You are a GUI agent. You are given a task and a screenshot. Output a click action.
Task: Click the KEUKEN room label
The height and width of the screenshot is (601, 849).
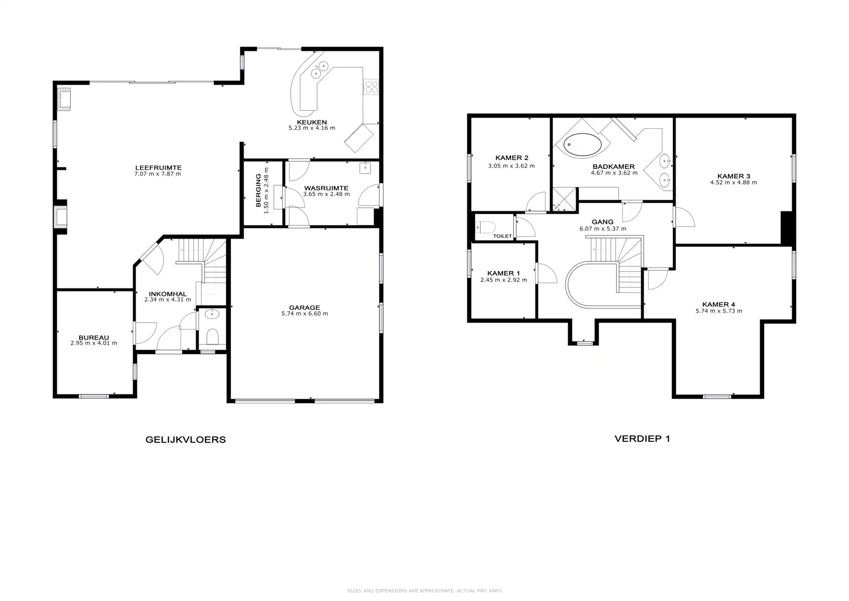(x=311, y=122)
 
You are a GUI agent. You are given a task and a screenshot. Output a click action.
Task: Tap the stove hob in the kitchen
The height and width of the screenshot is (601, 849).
(x=371, y=88)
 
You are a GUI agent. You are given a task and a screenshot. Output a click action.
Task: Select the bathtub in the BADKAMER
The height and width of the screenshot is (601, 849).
(x=583, y=145)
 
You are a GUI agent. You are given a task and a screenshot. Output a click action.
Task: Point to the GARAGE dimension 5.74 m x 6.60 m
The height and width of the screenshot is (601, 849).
(x=304, y=314)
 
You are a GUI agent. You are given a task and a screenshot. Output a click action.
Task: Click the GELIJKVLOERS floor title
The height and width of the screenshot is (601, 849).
(x=185, y=440)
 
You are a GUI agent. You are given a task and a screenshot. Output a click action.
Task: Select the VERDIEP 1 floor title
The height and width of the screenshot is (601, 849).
(x=642, y=439)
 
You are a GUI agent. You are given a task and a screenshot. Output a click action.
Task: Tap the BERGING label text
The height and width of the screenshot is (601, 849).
(x=258, y=191)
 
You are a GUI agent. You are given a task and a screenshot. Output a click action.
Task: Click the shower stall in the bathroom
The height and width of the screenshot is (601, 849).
(x=564, y=199)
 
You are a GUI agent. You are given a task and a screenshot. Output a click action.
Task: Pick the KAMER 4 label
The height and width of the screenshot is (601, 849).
(x=718, y=305)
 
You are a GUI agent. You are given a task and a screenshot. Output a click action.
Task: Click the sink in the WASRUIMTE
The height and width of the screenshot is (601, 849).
(x=365, y=168)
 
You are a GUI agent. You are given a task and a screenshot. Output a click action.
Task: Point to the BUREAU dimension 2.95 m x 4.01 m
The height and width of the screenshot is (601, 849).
(x=94, y=344)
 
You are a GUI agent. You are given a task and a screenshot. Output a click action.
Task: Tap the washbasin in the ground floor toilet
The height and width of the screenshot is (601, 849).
(x=212, y=315)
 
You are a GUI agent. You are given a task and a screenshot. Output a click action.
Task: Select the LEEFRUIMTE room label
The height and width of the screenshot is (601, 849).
(x=158, y=168)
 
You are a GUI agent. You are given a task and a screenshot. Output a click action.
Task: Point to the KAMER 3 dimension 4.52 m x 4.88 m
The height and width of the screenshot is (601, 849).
(x=733, y=183)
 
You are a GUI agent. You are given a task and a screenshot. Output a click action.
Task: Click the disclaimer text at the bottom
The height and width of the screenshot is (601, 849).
(x=424, y=591)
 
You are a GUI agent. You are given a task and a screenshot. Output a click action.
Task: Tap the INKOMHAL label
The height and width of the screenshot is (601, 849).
(x=167, y=294)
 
